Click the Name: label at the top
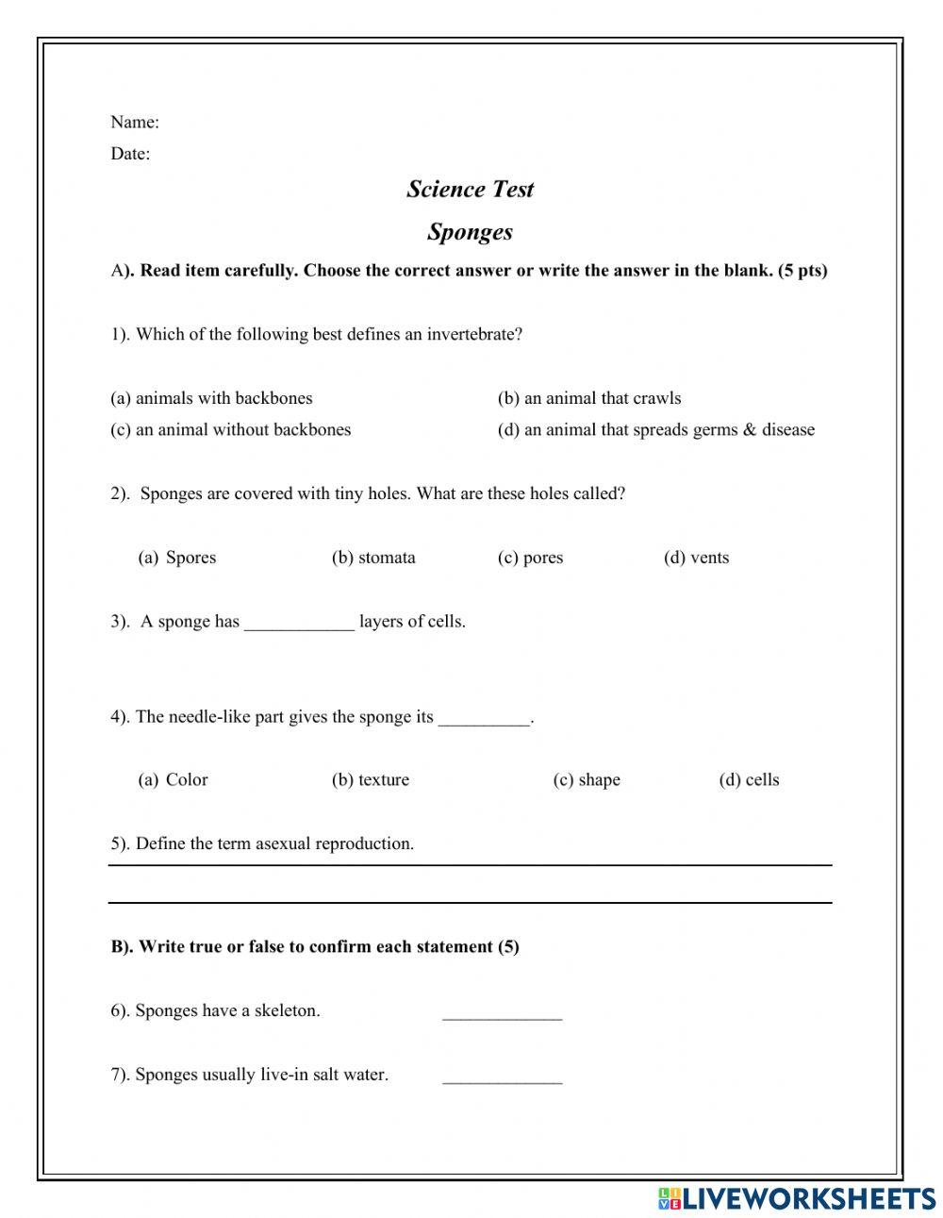click(x=134, y=122)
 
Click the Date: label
click(x=130, y=154)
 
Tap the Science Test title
click(x=470, y=189)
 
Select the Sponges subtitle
click(x=470, y=232)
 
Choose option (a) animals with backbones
click(x=211, y=398)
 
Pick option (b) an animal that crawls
click(x=588, y=398)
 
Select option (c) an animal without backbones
click(x=230, y=429)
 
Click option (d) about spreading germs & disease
click(x=655, y=429)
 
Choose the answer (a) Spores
click(x=177, y=558)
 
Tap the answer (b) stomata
click(x=372, y=558)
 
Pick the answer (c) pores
click(x=530, y=558)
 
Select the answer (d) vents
click(x=696, y=558)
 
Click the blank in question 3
click(x=299, y=623)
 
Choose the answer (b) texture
click(x=370, y=780)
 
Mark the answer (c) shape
click(x=586, y=780)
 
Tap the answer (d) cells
click(x=749, y=780)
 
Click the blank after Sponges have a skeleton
click(x=502, y=1013)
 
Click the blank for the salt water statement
click(x=502, y=1077)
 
